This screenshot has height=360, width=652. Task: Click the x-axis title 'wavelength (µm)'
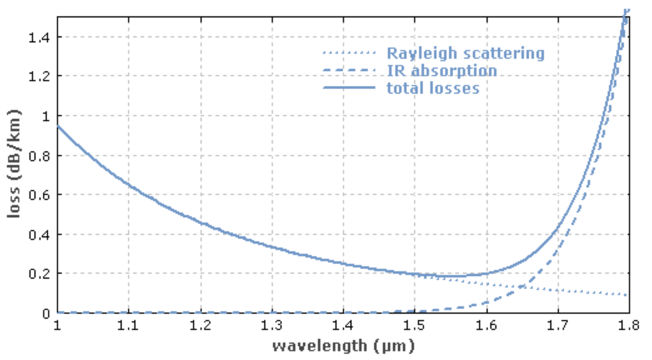[343, 346]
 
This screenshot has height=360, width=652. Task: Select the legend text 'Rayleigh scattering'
[465, 54]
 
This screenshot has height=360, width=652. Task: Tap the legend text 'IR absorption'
[442, 71]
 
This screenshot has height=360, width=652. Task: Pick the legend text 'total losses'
[433, 88]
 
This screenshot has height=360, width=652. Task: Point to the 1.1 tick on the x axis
[129, 326]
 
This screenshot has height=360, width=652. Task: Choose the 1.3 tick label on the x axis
[272, 326]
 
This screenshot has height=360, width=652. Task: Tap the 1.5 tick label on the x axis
[415, 326]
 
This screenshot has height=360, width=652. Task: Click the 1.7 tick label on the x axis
[558, 326]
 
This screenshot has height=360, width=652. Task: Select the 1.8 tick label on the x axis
[629, 326]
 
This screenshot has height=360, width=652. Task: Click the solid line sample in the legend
[349, 88]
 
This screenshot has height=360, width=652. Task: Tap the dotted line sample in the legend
[349, 54]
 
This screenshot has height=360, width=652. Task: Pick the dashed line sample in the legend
[349, 71]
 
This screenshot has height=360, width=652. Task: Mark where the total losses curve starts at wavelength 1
[58, 126]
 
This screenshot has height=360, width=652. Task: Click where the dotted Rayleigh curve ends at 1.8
[628, 294]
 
